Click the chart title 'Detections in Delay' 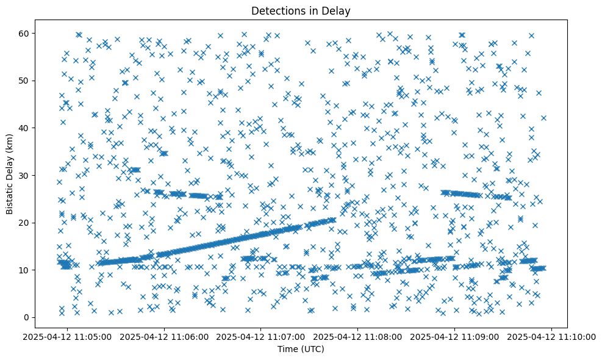pos(301,10)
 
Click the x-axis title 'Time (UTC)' pos(301,350)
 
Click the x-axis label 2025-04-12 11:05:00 pos(68,336)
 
